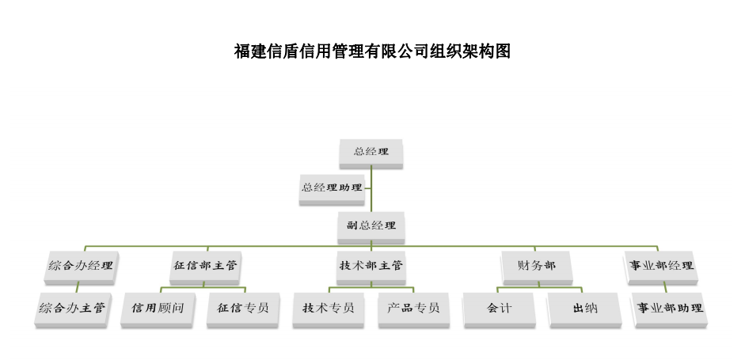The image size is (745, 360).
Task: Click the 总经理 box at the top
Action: coord(371,151)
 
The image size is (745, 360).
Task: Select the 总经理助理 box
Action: coord(332,188)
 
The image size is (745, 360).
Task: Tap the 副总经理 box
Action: coord(371,225)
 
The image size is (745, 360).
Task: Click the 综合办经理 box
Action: coord(79,265)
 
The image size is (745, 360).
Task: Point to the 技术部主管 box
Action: coord(371,265)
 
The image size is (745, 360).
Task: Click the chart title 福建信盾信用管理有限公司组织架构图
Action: coord(372,52)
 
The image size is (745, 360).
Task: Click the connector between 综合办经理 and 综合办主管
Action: coord(78,287)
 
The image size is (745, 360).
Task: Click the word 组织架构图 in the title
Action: coord(470,52)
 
